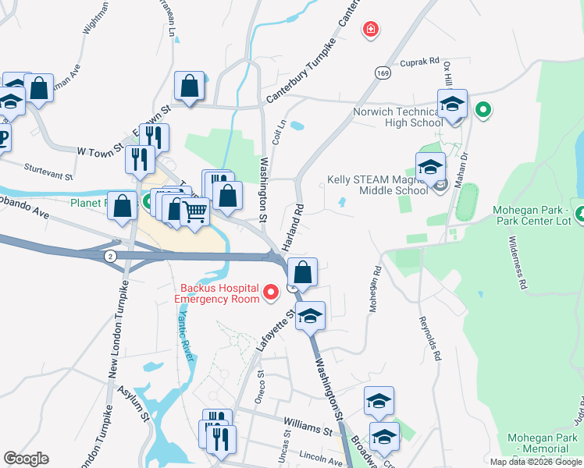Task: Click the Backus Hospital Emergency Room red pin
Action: (x=271, y=292)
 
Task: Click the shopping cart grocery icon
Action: (x=195, y=211)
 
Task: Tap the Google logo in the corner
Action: (x=27, y=459)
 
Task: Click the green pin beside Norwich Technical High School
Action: (x=483, y=111)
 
